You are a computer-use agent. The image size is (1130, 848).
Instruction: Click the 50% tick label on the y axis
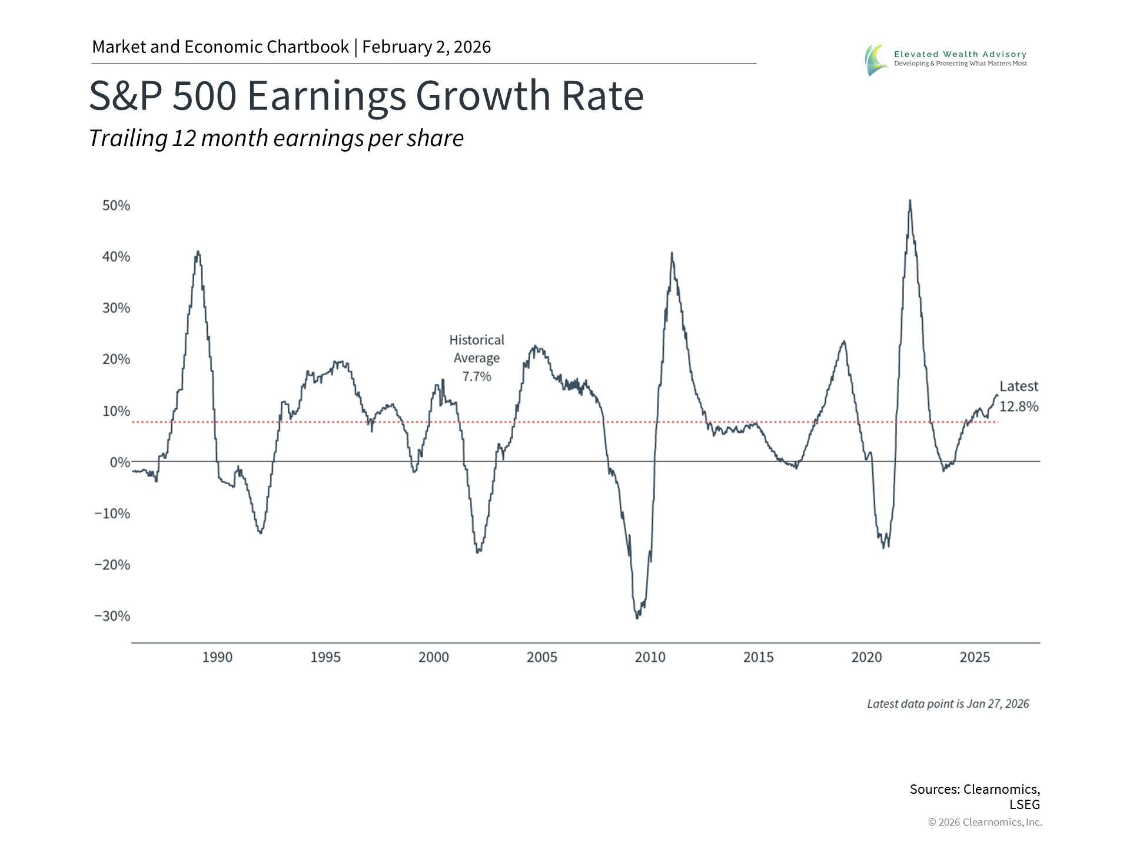(116, 206)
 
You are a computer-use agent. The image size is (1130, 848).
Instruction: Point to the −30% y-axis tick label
(112, 616)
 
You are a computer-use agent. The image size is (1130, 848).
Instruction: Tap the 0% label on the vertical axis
(120, 462)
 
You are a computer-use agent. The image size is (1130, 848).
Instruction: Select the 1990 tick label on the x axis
(217, 657)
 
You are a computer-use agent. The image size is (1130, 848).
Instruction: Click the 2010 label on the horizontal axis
(650, 657)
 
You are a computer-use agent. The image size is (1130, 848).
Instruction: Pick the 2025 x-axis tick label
(975, 657)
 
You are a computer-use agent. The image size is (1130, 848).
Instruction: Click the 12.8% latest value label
(1019, 406)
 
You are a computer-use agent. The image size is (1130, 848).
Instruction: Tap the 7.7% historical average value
(477, 376)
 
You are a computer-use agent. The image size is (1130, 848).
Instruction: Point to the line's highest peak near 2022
(910, 201)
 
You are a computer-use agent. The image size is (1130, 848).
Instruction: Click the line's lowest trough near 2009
(637, 617)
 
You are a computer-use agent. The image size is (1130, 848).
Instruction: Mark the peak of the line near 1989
(198, 252)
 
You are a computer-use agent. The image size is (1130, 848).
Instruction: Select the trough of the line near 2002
(477, 552)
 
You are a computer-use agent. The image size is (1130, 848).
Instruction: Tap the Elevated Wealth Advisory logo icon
(876, 59)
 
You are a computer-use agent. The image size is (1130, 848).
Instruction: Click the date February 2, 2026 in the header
(426, 47)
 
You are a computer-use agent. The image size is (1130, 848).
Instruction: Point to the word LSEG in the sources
(1025, 804)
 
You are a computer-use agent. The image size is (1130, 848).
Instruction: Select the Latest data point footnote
(948, 704)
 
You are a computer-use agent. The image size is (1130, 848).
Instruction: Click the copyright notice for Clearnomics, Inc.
(985, 822)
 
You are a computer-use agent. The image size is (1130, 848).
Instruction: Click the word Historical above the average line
(477, 340)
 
